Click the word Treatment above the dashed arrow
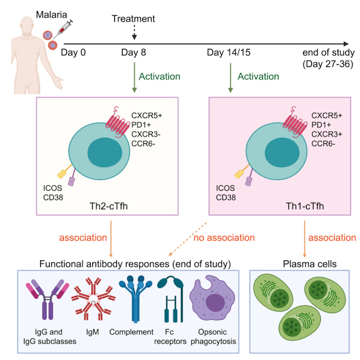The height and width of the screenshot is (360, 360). pyautogui.click(x=133, y=19)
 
